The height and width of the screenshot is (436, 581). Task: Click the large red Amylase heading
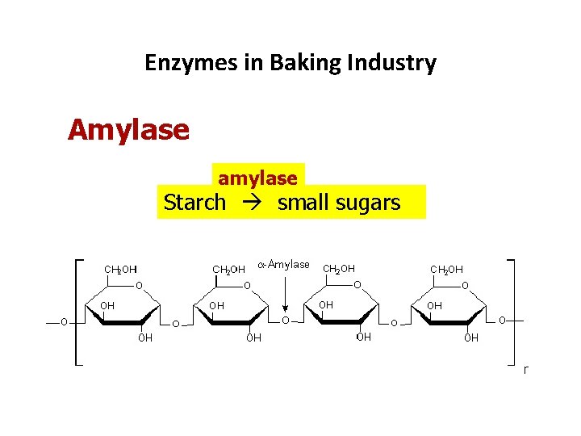point(128,129)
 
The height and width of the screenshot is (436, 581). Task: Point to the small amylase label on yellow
point(257,178)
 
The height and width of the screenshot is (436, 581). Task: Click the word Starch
point(194,202)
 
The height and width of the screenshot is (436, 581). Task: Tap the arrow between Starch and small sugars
point(251,203)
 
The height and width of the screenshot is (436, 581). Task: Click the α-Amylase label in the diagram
point(282,264)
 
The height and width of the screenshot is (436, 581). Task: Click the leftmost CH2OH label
point(119,269)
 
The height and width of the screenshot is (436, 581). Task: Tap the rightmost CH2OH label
point(447,269)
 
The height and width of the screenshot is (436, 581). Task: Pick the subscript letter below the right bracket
point(525,370)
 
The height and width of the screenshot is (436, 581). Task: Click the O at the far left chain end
point(63,321)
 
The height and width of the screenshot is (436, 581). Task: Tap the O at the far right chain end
point(502,321)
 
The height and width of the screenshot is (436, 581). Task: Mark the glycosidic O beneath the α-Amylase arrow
point(285,321)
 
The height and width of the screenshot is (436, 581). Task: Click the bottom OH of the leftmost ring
point(144,338)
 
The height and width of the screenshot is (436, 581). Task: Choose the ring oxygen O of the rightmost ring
point(464,285)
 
